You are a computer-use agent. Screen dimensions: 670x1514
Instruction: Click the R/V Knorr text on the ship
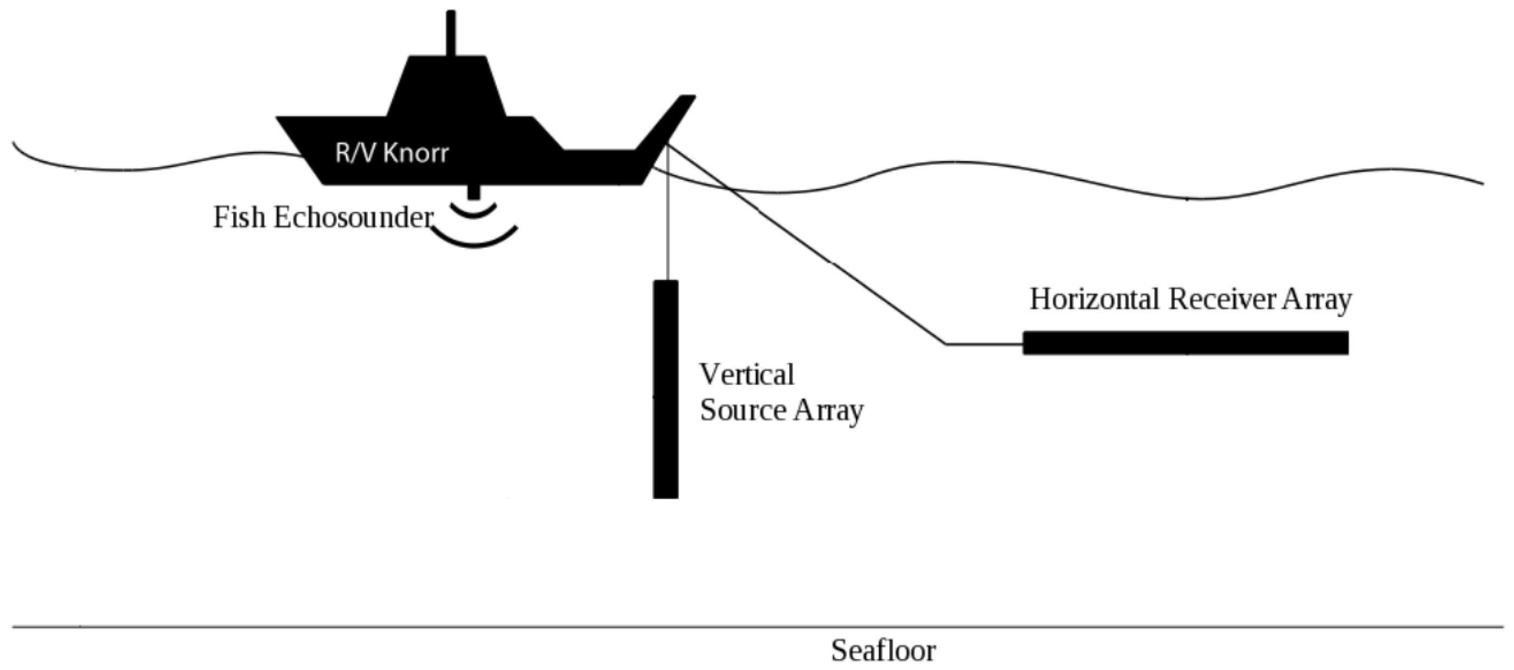click(x=392, y=153)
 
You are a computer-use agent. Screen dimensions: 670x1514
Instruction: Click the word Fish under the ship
click(x=239, y=218)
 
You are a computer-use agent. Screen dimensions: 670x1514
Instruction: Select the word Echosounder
click(x=353, y=218)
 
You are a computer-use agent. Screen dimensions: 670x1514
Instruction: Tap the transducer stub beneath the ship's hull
click(x=473, y=192)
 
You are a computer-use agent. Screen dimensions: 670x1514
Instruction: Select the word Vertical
click(x=747, y=375)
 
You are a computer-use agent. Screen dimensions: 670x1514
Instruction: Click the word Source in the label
click(x=742, y=410)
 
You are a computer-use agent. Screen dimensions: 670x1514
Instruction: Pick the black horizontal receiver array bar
click(x=1185, y=343)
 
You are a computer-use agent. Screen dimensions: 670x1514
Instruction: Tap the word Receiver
click(x=1222, y=300)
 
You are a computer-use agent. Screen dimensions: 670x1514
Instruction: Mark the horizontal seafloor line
click(x=470, y=628)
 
